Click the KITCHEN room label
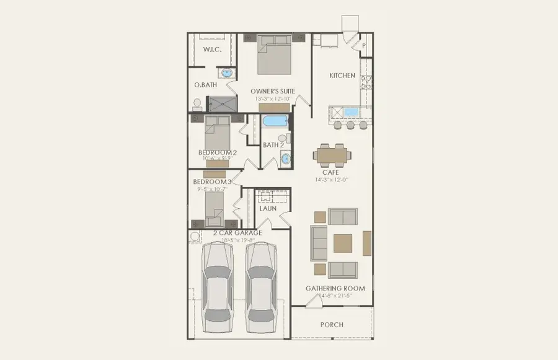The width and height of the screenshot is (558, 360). pos(342,76)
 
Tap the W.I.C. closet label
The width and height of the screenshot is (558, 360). pos(213,49)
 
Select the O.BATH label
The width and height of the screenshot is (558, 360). pos(205,85)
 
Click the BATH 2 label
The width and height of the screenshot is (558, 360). pos(273,145)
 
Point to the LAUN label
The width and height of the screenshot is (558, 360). pos(268,209)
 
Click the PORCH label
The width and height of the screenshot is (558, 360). pos(332,325)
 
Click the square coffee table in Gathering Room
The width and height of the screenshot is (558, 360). pos(343,242)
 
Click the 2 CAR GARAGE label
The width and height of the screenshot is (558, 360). pos(237,233)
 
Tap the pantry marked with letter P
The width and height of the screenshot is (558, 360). pos(364,45)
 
